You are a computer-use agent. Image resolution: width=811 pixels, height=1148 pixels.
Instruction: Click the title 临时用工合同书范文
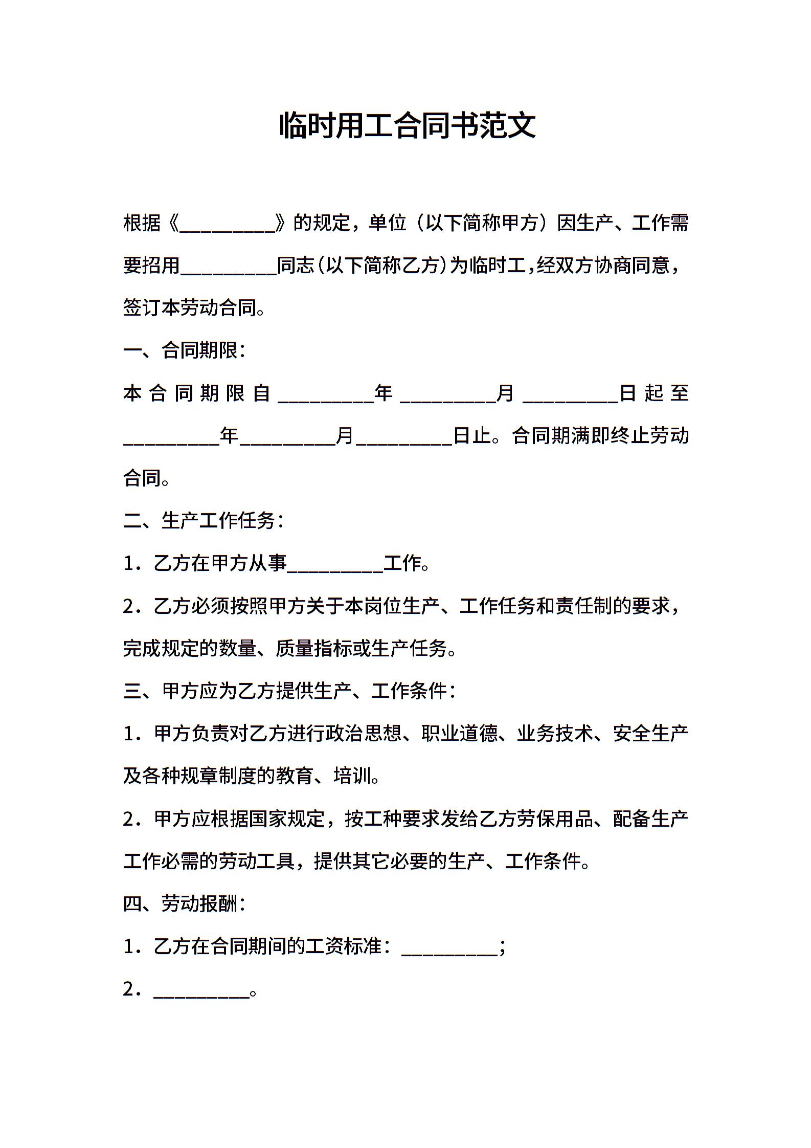pyautogui.click(x=407, y=126)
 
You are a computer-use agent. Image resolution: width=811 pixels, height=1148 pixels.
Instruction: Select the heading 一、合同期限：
pyautogui.click(x=185, y=351)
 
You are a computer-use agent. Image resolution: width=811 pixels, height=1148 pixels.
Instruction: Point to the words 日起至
pyautogui.click(x=654, y=393)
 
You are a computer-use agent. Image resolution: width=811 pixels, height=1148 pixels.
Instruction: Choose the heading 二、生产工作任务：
pyautogui.click(x=204, y=521)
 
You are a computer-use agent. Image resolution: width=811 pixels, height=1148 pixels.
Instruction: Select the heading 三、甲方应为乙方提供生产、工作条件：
pyautogui.click(x=289, y=692)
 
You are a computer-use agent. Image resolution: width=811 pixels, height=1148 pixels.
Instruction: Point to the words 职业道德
pyautogui.click(x=459, y=734)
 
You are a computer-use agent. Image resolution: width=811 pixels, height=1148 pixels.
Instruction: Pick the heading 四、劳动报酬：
pyautogui.click(x=185, y=904)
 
